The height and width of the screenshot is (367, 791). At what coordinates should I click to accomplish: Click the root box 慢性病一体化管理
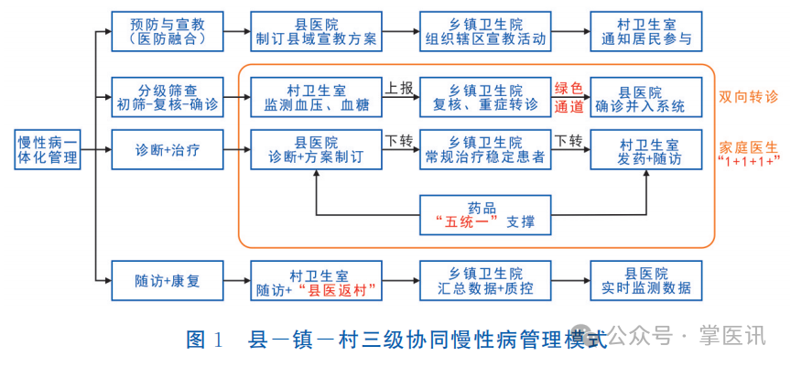pyautogui.click(x=47, y=150)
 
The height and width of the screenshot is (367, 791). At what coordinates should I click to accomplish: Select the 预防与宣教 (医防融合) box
pyautogui.click(x=168, y=31)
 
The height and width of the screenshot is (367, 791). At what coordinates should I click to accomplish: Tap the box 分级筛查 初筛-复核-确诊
pyautogui.click(x=168, y=98)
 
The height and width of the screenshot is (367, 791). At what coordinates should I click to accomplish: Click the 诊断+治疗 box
pyautogui.click(x=168, y=150)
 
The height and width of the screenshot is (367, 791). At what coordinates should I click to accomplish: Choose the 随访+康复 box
pyautogui.click(x=168, y=281)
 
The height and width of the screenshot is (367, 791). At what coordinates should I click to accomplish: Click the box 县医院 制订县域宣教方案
pyautogui.click(x=316, y=31)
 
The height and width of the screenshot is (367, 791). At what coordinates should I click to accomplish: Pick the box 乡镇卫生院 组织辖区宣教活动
pyautogui.click(x=485, y=31)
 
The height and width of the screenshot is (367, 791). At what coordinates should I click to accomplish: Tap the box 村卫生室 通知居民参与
pyautogui.click(x=646, y=31)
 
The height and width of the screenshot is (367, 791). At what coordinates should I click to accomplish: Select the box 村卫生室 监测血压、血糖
pyautogui.click(x=316, y=98)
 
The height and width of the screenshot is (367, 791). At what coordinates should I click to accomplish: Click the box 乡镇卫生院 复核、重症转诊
pyautogui.click(x=485, y=98)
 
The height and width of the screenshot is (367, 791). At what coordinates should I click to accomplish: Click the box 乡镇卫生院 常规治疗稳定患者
pyautogui.click(x=485, y=150)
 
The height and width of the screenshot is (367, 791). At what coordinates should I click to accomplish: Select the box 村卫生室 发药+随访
pyautogui.click(x=648, y=150)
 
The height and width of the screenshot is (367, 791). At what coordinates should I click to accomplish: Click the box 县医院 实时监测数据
pyautogui.click(x=646, y=281)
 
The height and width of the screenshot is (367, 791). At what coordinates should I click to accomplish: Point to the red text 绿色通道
pyautogui.click(x=569, y=98)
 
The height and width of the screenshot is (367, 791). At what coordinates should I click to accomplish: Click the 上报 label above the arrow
pyautogui.click(x=398, y=88)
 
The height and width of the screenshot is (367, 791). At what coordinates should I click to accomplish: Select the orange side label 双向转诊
pyautogui.click(x=748, y=96)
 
